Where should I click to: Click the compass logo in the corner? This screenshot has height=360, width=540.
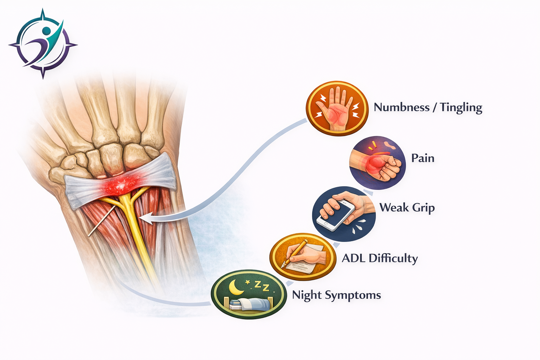pyautogui.click(x=43, y=44)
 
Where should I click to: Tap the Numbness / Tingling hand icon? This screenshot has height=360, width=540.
pyautogui.click(x=337, y=108)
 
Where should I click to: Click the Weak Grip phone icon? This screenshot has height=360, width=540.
pyautogui.click(x=343, y=214)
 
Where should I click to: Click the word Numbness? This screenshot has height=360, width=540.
pyautogui.click(x=401, y=107)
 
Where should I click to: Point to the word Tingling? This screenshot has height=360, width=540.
pyautogui.click(x=461, y=108)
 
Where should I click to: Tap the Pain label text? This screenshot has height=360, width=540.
pyautogui.click(x=423, y=158)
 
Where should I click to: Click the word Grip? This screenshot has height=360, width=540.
pyautogui.click(x=423, y=208)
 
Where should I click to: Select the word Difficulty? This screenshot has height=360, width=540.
pyautogui.click(x=393, y=258)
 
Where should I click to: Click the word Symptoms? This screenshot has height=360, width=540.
pyautogui.click(x=353, y=295)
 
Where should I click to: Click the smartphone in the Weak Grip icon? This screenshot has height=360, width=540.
pyautogui.click(x=336, y=214)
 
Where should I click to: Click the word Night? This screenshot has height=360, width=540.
pyautogui.click(x=307, y=295)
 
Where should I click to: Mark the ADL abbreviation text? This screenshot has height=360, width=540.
pyautogui.click(x=354, y=258)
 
